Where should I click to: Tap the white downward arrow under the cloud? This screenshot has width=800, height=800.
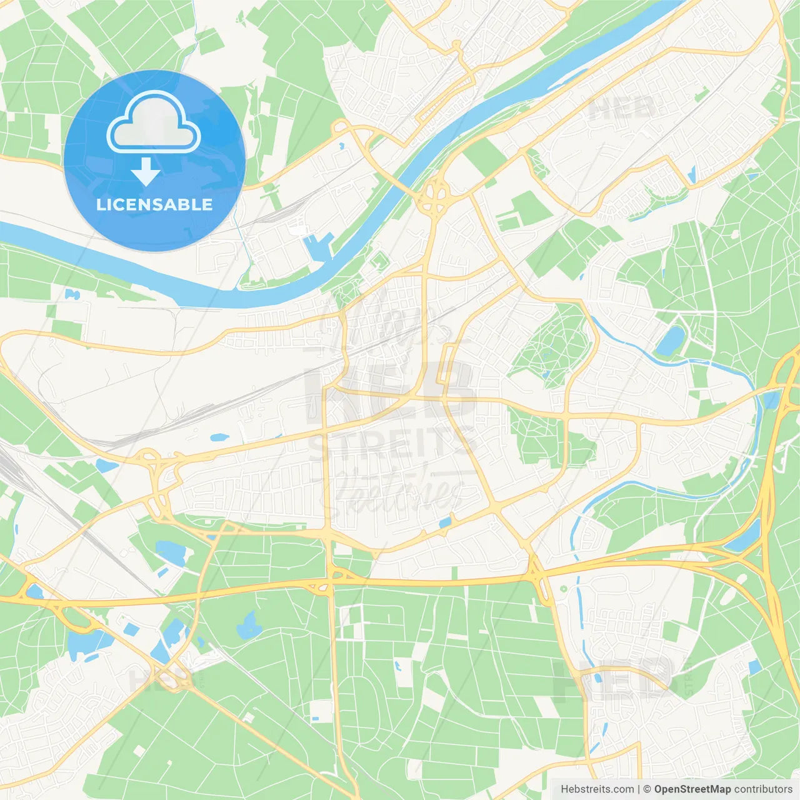(x=146, y=172)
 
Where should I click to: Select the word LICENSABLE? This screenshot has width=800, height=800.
(x=154, y=204)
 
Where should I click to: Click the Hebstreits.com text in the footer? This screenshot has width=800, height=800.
(x=597, y=789)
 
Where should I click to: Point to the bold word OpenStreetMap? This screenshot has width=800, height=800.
(x=692, y=789)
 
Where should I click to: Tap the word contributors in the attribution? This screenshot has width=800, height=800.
(x=763, y=789)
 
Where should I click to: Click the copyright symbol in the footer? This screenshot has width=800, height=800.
(x=647, y=789)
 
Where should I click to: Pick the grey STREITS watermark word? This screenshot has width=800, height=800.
(x=392, y=442)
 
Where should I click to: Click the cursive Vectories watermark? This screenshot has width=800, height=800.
(x=400, y=491)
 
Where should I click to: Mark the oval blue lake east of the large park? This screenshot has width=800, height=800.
(x=671, y=341)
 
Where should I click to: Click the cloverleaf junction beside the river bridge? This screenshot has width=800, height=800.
(x=434, y=195)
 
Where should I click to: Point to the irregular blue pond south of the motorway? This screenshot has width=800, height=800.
(x=249, y=625)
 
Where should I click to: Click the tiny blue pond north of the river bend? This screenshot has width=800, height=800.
(x=341, y=146)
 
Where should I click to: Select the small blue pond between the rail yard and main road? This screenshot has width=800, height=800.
(x=219, y=437)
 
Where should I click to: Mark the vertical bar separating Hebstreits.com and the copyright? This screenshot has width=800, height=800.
(x=638, y=789)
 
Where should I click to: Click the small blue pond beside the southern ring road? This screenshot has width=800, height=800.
(x=445, y=522)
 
